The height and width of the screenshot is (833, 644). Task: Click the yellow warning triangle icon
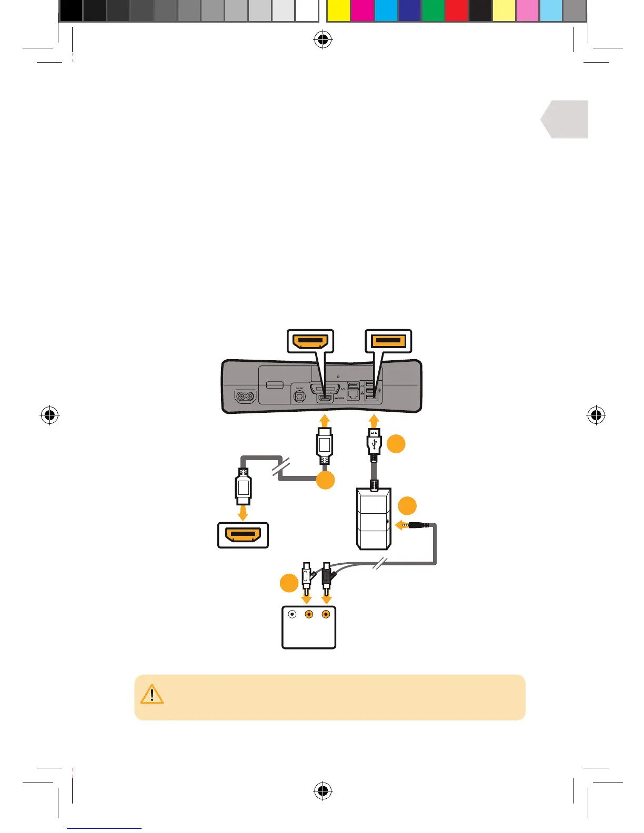pos(152,694)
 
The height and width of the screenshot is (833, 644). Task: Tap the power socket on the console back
pos(244,397)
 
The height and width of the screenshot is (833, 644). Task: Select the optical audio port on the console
pos(299,396)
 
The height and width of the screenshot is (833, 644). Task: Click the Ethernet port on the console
pos(354,395)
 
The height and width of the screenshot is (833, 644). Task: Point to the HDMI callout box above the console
pos(310,341)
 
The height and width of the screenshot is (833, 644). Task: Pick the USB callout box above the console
pos(388,341)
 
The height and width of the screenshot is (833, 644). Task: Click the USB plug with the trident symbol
pos(374,442)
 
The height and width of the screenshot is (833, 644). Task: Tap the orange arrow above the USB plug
pos(374,421)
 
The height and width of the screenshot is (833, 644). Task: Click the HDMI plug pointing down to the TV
pos(243,486)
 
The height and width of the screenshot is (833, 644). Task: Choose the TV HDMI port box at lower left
pos(243,535)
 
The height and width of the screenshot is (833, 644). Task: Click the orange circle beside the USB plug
pos(396,443)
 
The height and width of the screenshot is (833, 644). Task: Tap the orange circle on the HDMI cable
pos(326,480)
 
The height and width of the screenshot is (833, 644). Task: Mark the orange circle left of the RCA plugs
pos(289,584)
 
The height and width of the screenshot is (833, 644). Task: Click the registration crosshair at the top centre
pos(323,40)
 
